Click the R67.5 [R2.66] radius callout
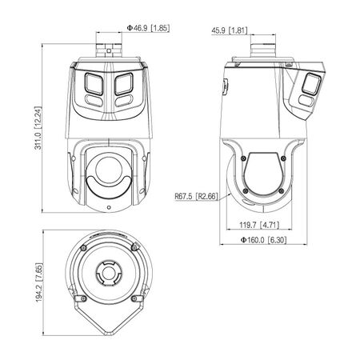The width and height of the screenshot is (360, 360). click(x=195, y=193)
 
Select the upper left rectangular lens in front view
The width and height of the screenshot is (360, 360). click(x=92, y=83)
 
